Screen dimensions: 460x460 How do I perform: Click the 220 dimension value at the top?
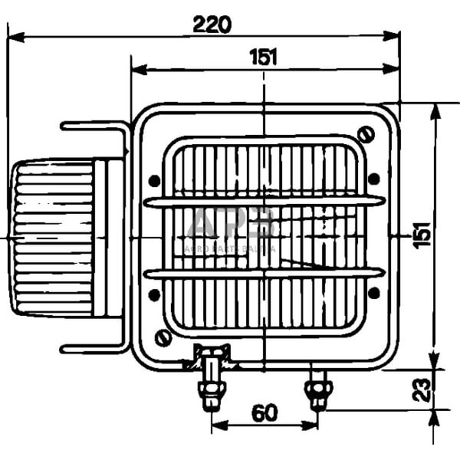[x=212, y=25]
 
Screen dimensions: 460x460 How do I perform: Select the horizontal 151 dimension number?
[x=263, y=57]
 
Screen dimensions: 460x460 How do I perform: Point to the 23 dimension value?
[x=421, y=389]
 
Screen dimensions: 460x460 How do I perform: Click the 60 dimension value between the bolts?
[x=264, y=413]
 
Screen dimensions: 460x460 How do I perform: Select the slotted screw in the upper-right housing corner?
[x=366, y=136]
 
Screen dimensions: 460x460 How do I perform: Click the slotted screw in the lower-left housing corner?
[x=163, y=337]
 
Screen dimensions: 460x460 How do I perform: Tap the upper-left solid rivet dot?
[x=154, y=181]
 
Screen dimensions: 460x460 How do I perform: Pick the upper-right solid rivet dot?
[x=373, y=179]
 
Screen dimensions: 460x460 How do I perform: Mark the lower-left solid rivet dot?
[x=154, y=294]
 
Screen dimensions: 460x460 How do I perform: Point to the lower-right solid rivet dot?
[x=373, y=293]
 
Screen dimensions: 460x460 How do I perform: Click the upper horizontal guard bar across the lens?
[x=264, y=202]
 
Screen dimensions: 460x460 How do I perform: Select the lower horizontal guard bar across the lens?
[x=264, y=272]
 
